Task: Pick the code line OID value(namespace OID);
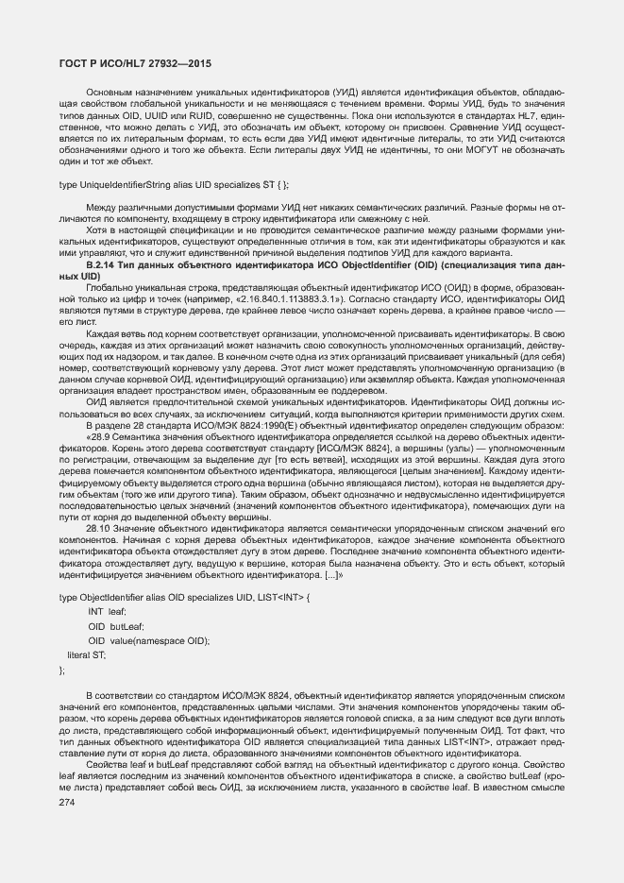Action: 148,640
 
